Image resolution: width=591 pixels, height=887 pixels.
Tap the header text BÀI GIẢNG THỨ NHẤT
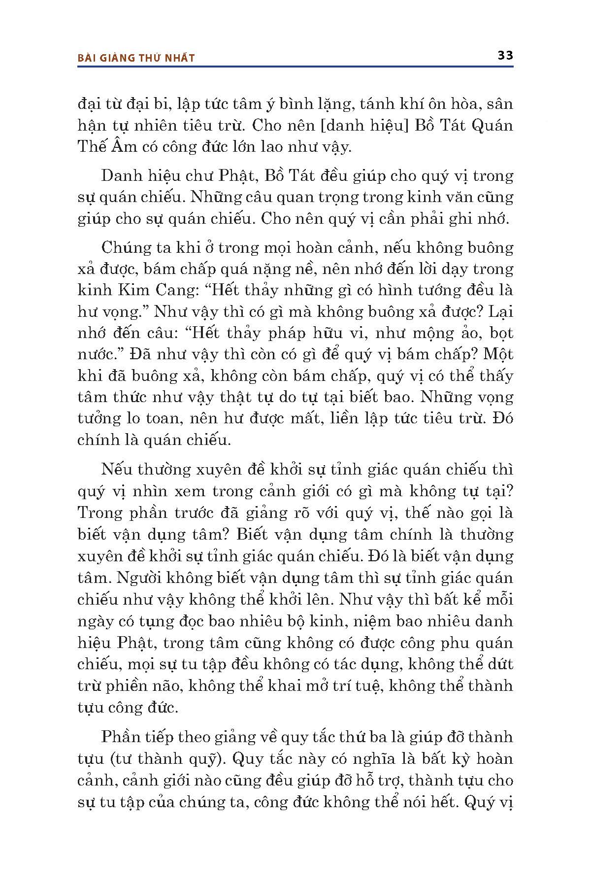[x=136, y=58]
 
